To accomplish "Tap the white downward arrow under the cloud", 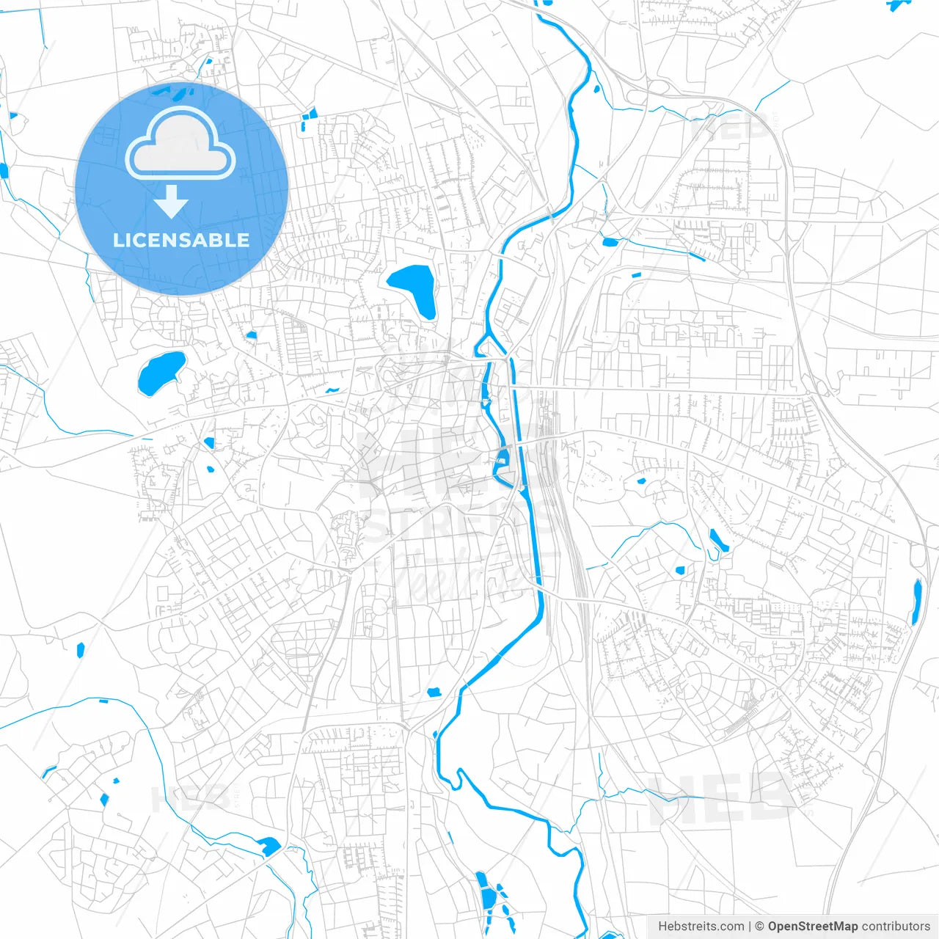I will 172,202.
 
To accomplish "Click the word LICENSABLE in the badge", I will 180,240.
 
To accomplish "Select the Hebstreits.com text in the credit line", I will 701,927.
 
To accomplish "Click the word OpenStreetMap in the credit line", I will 812,927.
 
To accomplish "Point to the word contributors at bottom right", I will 895,927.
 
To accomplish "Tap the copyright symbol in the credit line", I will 759,927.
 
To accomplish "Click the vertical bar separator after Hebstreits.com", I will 750,927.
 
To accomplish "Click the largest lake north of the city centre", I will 413,288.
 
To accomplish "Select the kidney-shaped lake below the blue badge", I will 161,373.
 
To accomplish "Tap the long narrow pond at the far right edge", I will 916,602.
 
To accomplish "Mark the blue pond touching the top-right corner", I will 896,4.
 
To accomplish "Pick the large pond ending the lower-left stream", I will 268,846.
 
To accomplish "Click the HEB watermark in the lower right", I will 723,799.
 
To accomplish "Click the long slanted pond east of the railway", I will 718,540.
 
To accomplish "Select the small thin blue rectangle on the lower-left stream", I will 102,701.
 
